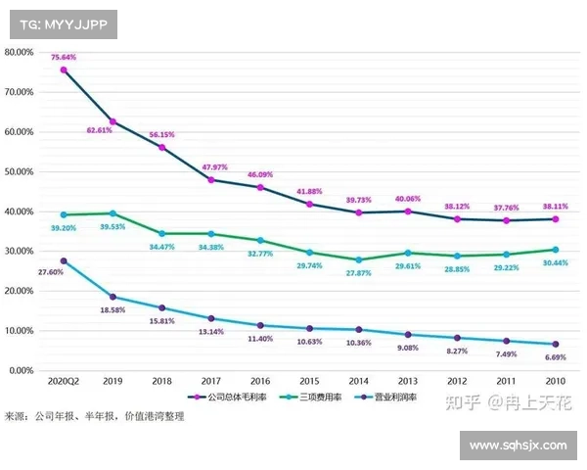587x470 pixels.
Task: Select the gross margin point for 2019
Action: coord(113,121)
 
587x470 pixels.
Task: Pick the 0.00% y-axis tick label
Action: coord(22,371)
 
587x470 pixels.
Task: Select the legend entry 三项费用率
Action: coord(311,398)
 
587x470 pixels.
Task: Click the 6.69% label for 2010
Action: coord(555,357)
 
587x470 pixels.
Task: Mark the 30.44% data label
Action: coord(555,264)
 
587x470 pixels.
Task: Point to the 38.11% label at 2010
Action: coord(555,207)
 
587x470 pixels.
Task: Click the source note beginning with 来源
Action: coord(94,416)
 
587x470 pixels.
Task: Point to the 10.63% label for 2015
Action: coord(309,342)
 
